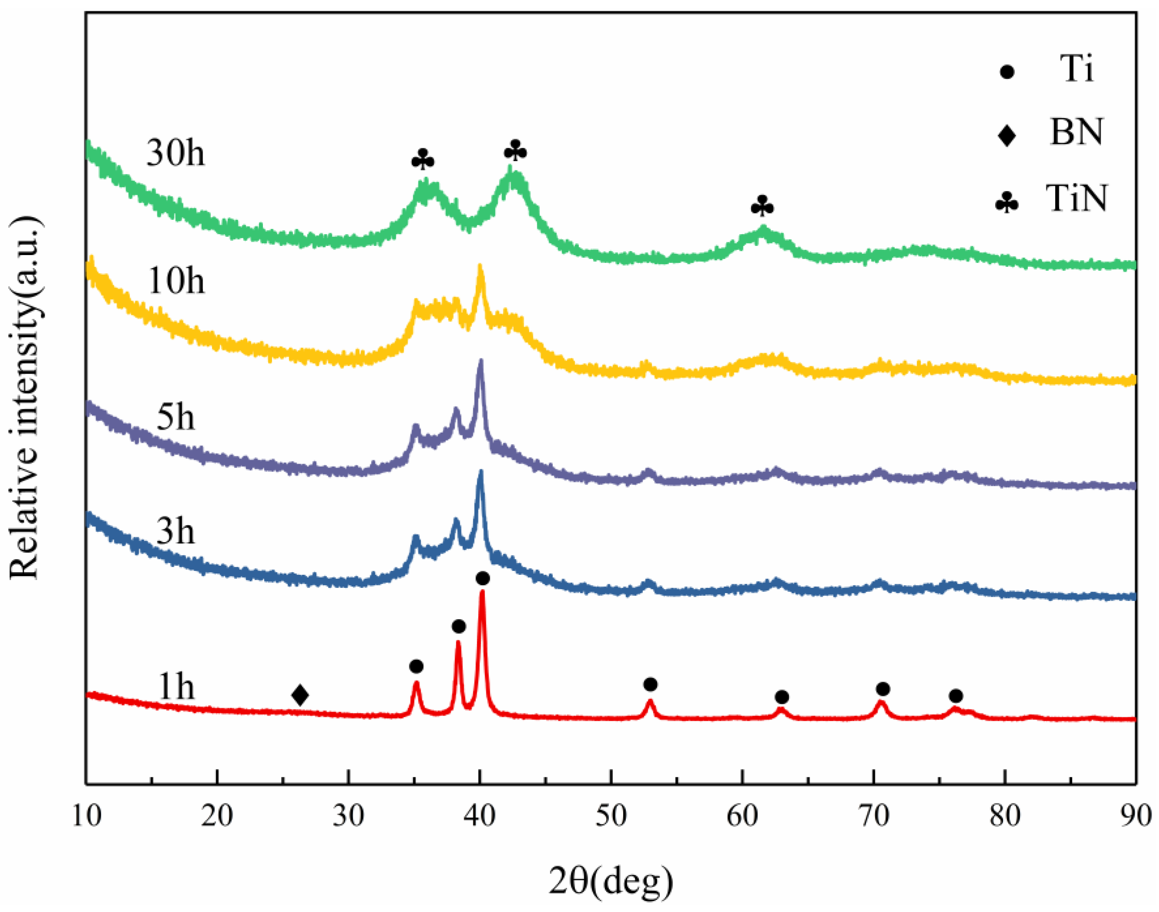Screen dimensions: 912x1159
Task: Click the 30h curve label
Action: [x=175, y=154]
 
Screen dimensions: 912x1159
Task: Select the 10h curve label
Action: [x=175, y=281]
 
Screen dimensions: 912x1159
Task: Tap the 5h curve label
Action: [x=175, y=418]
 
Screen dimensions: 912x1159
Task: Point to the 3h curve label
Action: [x=175, y=532]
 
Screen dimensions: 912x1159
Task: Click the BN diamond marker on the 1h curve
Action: [x=300, y=695]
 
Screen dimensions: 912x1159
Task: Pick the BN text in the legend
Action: [x=1076, y=132]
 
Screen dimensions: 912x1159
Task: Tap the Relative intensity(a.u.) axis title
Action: [x=25, y=398]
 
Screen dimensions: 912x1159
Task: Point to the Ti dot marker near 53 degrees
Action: [x=650, y=684]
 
